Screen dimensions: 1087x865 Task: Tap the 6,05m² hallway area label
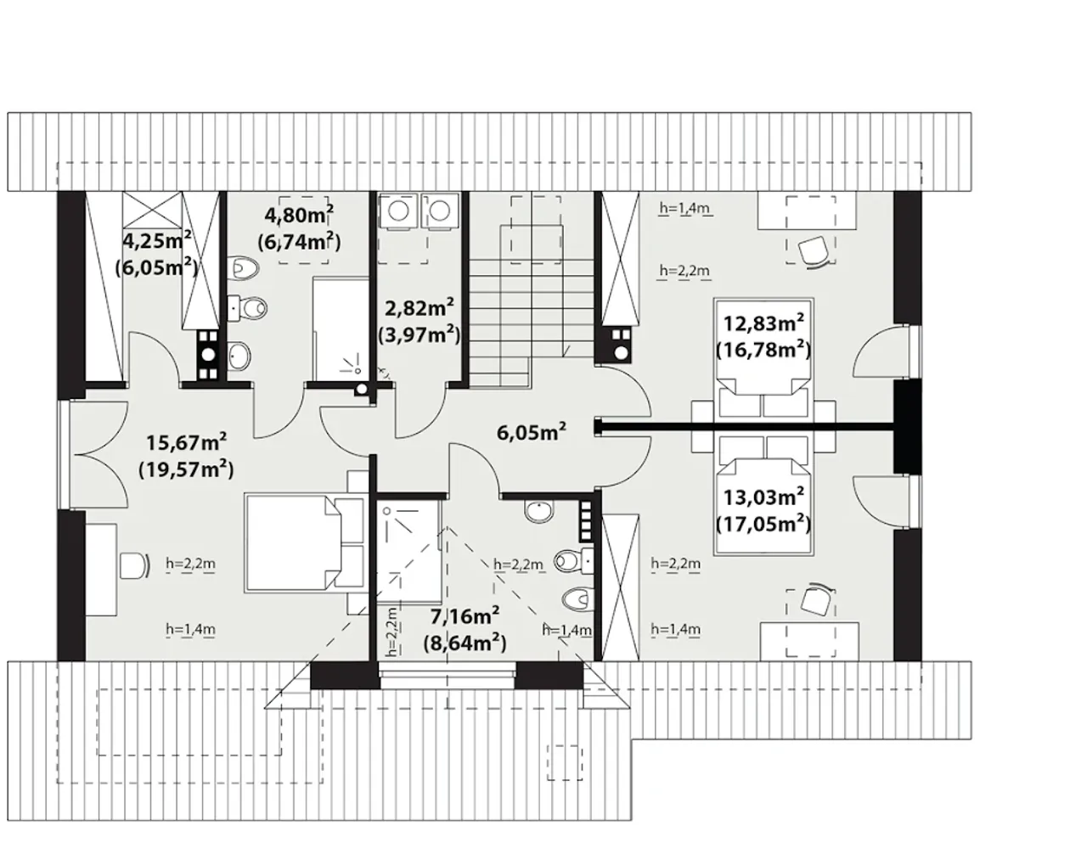point(532,432)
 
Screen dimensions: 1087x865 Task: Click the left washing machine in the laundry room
point(399,211)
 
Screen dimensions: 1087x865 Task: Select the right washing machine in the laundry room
point(441,211)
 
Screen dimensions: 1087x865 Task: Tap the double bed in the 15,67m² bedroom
point(305,542)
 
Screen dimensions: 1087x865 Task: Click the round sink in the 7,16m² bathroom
point(540,511)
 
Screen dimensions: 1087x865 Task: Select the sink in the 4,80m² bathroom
point(239,357)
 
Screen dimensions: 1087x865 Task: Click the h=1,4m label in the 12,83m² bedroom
point(685,208)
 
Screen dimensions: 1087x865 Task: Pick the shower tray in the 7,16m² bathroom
point(409,552)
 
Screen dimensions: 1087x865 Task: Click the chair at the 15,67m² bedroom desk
point(135,565)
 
